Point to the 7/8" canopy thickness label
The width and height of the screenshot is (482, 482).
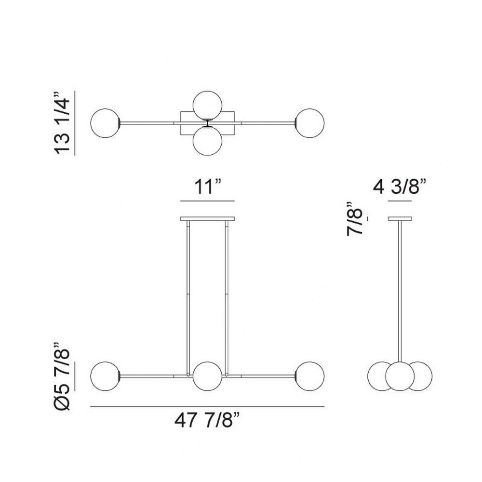(x=355, y=219)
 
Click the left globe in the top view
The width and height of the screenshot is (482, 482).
(x=105, y=123)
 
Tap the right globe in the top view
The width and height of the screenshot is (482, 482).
(x=310, y=123)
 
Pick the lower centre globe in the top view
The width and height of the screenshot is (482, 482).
(x=207, y=140)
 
